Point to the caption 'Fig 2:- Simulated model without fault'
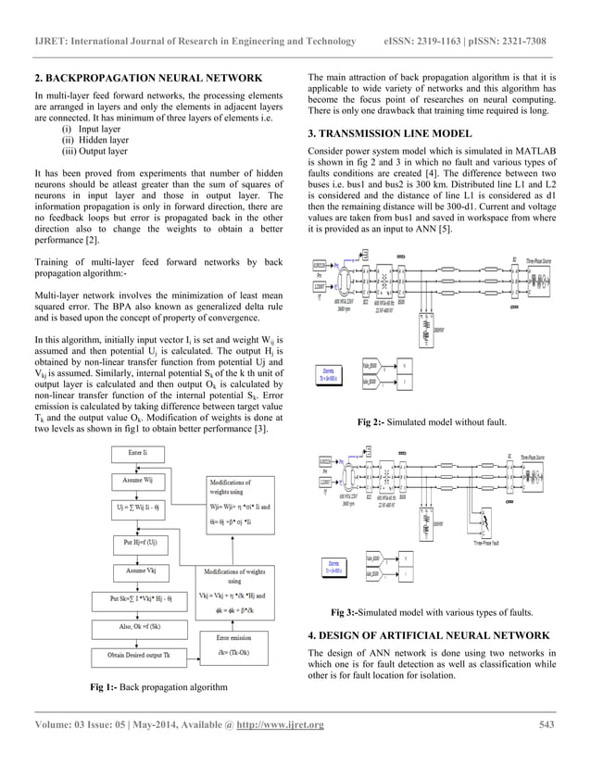point(432,422)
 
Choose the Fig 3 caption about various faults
point(432,613)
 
